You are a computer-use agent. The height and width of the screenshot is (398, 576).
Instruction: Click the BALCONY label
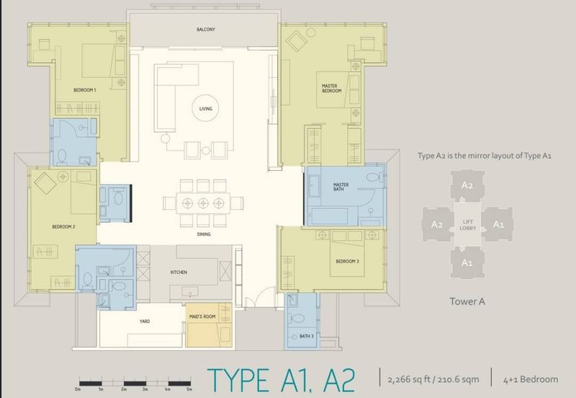pyautogui.click(x=207, y=30)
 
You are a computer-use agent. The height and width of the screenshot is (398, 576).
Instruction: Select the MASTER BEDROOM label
pyautogui.click(x=330, y=89)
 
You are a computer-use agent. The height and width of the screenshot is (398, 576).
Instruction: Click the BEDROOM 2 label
pyautogui.click(x=63, y=226)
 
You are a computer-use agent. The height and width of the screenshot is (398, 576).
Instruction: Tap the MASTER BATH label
pyautogui.click(x=341, y=188)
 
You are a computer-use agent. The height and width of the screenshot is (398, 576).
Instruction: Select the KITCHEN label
pyautogui.click(x=179, y=273)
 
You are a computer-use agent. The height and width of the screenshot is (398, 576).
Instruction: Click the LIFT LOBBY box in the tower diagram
pyautogui.click(x=467, y=224)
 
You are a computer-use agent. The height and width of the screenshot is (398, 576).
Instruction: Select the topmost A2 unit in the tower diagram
pyautogui.click(x=467, y=186)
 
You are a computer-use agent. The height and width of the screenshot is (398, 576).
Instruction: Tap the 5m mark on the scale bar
pyautogui.click(x=189, y=389)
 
